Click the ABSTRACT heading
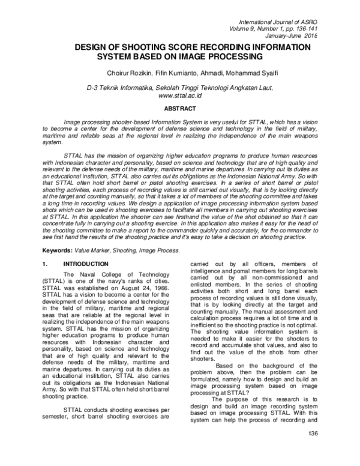coord(179,109)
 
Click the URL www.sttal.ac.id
coord(179,95)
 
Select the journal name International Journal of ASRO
coord(281,20)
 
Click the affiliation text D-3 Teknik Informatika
coord(116,88)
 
